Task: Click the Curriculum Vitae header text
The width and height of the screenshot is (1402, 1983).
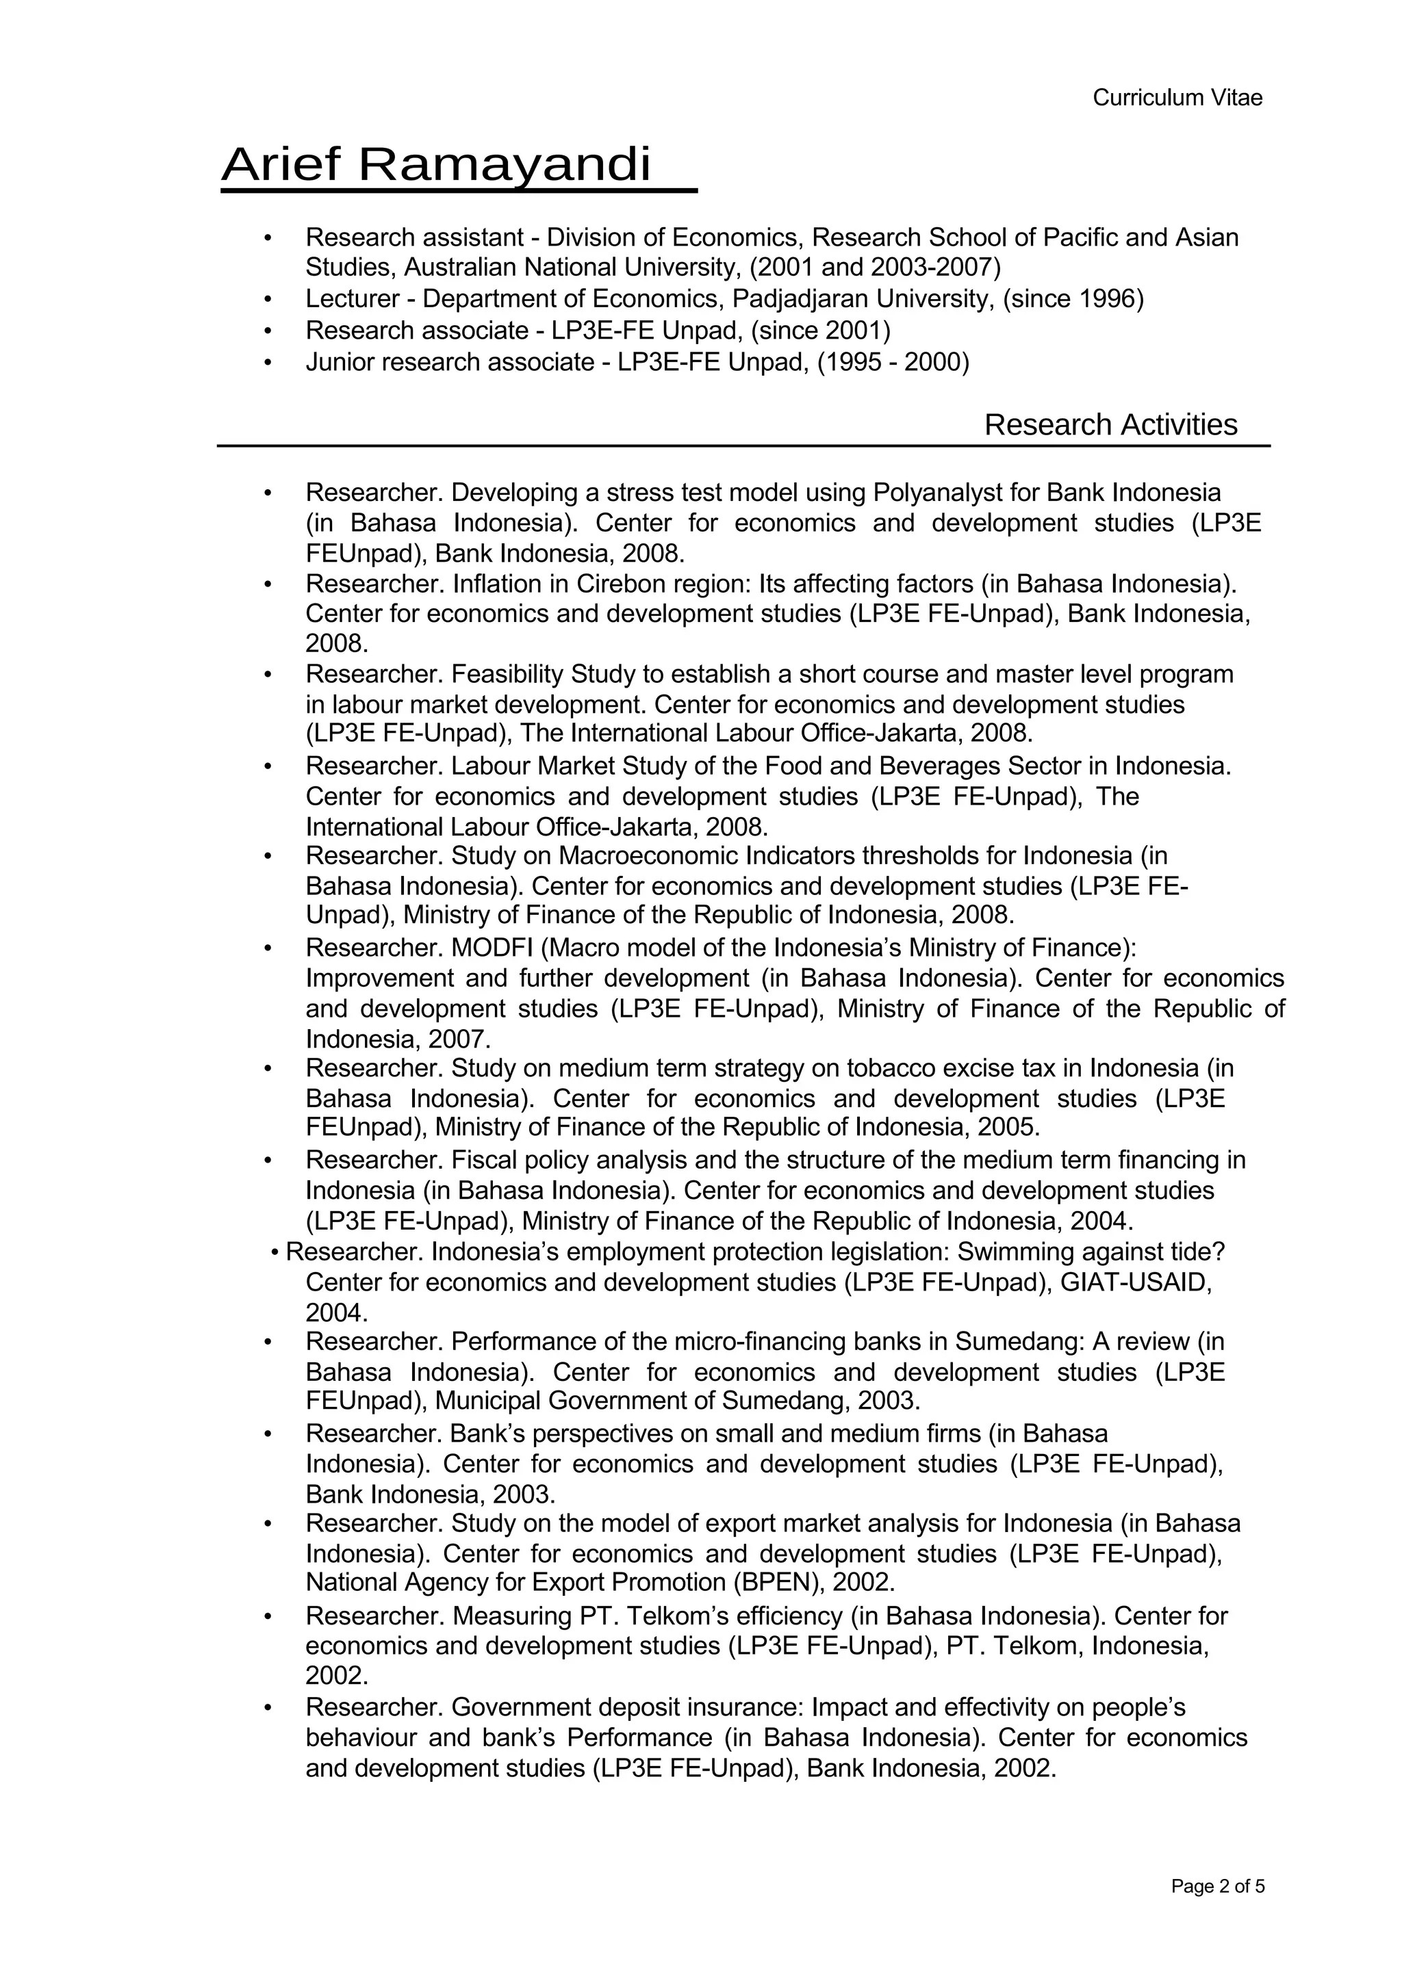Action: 1177,98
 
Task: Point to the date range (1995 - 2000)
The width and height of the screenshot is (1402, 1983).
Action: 893,362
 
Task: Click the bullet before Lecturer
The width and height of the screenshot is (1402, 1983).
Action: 268,300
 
